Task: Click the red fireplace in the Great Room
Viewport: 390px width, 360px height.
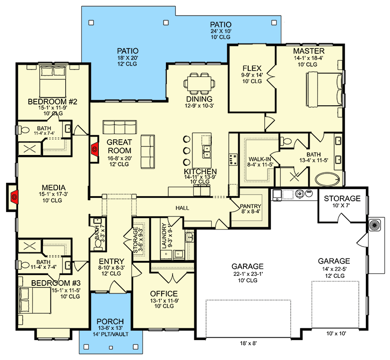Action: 95,149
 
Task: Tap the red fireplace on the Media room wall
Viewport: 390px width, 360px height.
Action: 15,197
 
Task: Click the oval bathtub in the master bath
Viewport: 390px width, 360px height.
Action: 327,179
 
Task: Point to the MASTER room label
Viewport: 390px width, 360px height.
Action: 309,51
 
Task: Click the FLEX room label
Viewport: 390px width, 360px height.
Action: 252,68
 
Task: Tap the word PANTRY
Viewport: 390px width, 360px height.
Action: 251,206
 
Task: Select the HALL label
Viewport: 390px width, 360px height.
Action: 182,208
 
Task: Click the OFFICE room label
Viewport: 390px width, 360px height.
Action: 164,293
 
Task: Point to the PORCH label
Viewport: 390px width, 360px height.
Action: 110,321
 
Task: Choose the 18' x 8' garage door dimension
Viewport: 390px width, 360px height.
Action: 248,343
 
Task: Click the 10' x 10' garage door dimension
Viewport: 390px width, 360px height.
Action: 336,334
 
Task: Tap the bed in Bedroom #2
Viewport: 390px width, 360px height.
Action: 53,82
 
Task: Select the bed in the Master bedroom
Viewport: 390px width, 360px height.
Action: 324,89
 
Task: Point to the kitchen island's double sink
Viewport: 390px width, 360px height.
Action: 207,152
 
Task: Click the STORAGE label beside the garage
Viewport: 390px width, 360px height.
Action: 342,198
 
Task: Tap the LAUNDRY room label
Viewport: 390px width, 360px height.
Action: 164,236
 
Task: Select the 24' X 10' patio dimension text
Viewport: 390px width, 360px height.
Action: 221,31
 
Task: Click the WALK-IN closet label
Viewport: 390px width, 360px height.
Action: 260,159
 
